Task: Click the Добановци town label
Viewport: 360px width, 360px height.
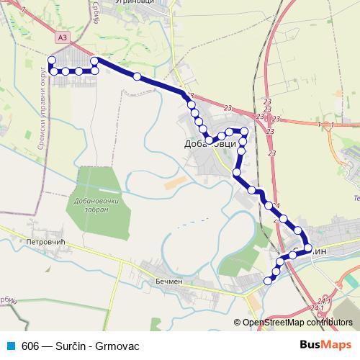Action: [x=210, y=145]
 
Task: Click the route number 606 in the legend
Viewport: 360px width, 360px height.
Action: [x=30, y=346]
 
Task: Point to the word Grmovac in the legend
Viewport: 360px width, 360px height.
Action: [x=117, y=346]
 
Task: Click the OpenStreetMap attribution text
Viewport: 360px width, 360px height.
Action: [x=294, y=323]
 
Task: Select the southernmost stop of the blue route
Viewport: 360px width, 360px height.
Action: [x=268, y=281]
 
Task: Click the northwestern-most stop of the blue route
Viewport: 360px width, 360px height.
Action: [x=51, y=60]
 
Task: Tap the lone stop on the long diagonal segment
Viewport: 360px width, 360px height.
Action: [x=137, y=76]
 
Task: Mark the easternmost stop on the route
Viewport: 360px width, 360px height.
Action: [x=308, y=248]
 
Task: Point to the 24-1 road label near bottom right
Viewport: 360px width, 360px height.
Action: [x=323, y=300]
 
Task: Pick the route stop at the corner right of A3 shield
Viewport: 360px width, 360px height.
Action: [x=94, y=60]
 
